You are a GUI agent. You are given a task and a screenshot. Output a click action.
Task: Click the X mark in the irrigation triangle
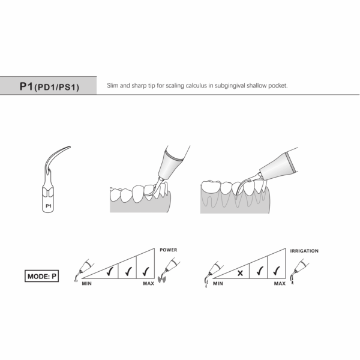tap(240, 272)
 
